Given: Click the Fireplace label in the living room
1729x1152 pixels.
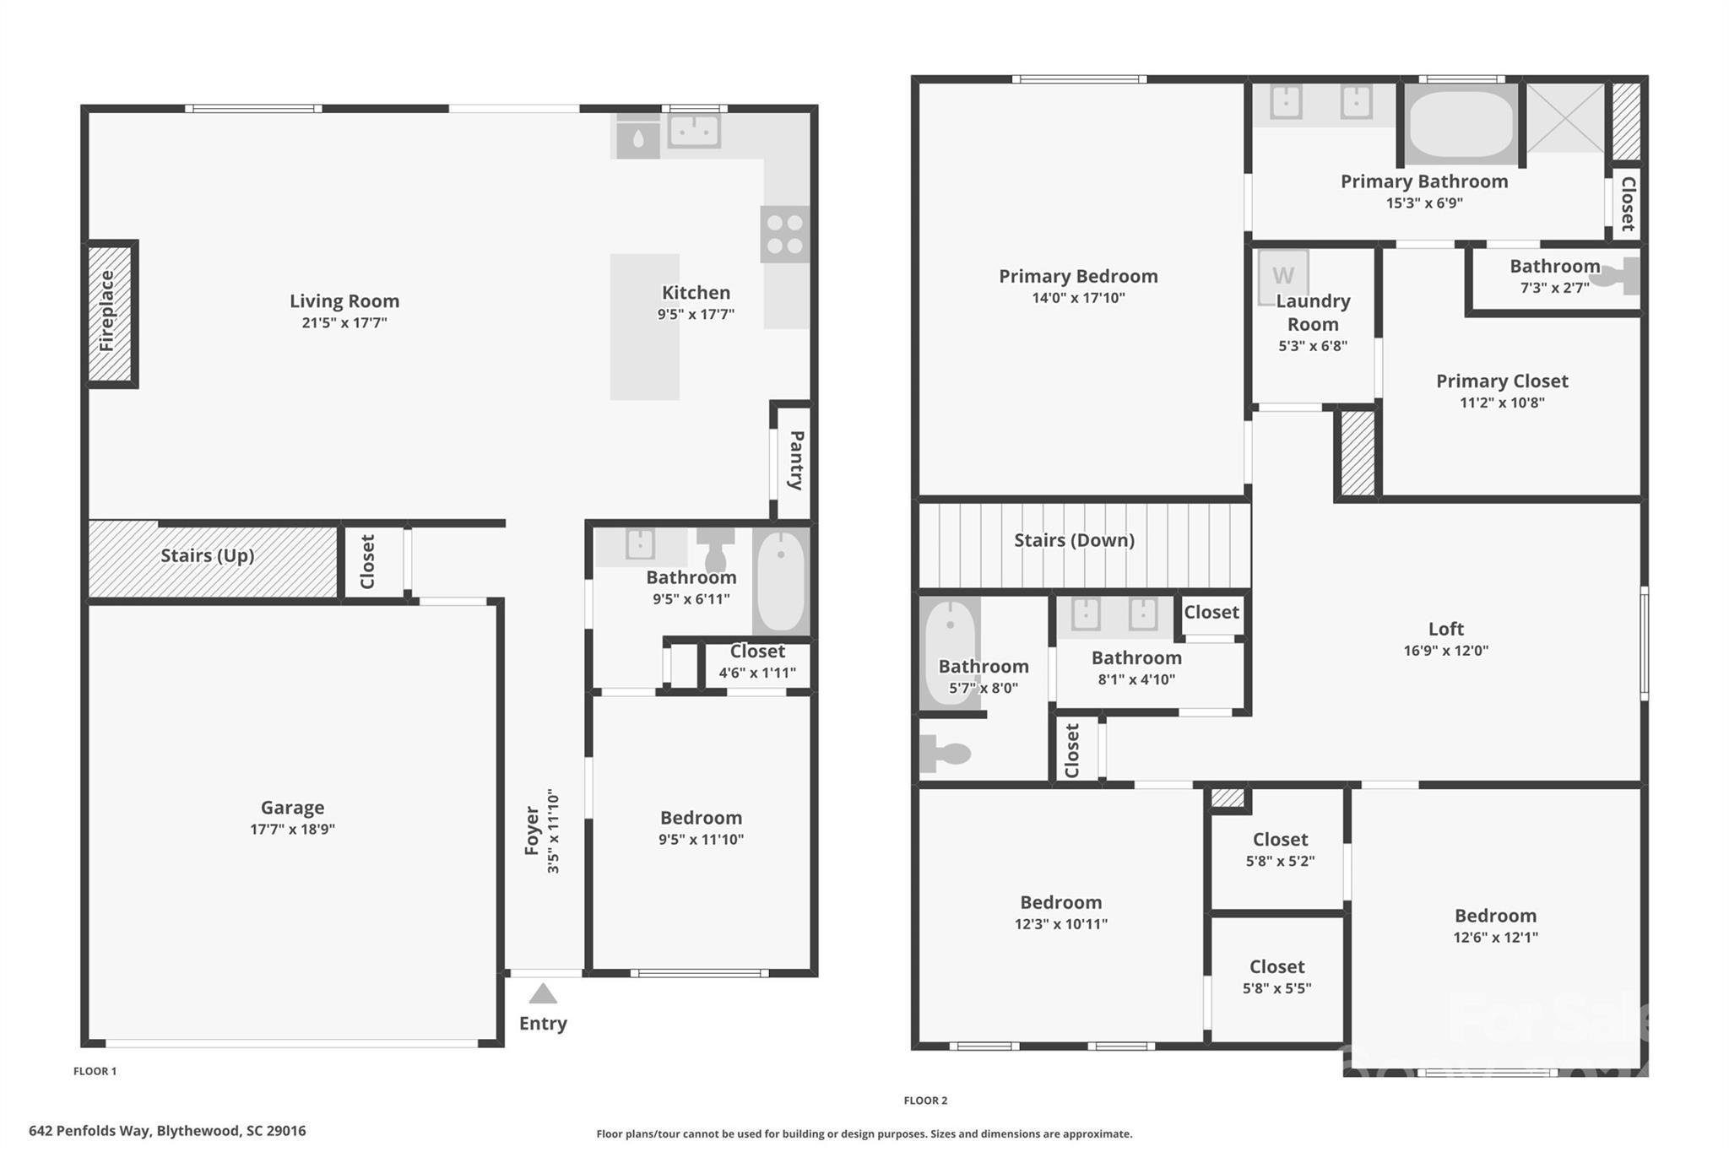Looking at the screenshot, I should (x=107, y=311).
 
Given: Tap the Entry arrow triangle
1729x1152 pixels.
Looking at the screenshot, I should (x=543, y=994).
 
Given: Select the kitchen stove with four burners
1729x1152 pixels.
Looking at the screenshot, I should (x=785, y=235).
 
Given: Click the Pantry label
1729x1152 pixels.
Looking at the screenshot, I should (x=795, y=460).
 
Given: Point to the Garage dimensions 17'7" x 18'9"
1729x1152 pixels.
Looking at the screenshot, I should (x=292, y=830).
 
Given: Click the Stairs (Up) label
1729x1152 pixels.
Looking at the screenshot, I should (x=207, y=555).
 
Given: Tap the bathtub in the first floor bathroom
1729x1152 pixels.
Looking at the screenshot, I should (x=780, y=581).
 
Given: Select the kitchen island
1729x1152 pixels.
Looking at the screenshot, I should (x=644, y=327).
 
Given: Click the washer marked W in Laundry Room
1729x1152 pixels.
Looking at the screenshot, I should (x=1282, y=275).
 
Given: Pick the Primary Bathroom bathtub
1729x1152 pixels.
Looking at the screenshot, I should (x=1461, y=124).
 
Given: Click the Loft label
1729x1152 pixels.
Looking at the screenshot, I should (x=1445, y=629).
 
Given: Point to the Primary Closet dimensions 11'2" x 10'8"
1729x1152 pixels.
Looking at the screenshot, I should (x=1502, y=403).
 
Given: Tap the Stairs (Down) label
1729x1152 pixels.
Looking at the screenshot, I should (x=1074, y=540).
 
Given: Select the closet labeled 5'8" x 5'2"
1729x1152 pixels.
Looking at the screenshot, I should (x=1280, y=849).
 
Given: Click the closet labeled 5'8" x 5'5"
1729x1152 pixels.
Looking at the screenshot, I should (x=1276, y=976).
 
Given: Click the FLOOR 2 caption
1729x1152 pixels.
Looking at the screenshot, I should (x=925, y=1101).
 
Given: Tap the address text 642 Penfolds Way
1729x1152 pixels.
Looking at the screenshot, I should (x=167, y=1131).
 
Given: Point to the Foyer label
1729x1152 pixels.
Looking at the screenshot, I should (x=532, y=830).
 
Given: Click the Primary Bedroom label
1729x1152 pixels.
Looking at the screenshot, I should (x=1078, y=276).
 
